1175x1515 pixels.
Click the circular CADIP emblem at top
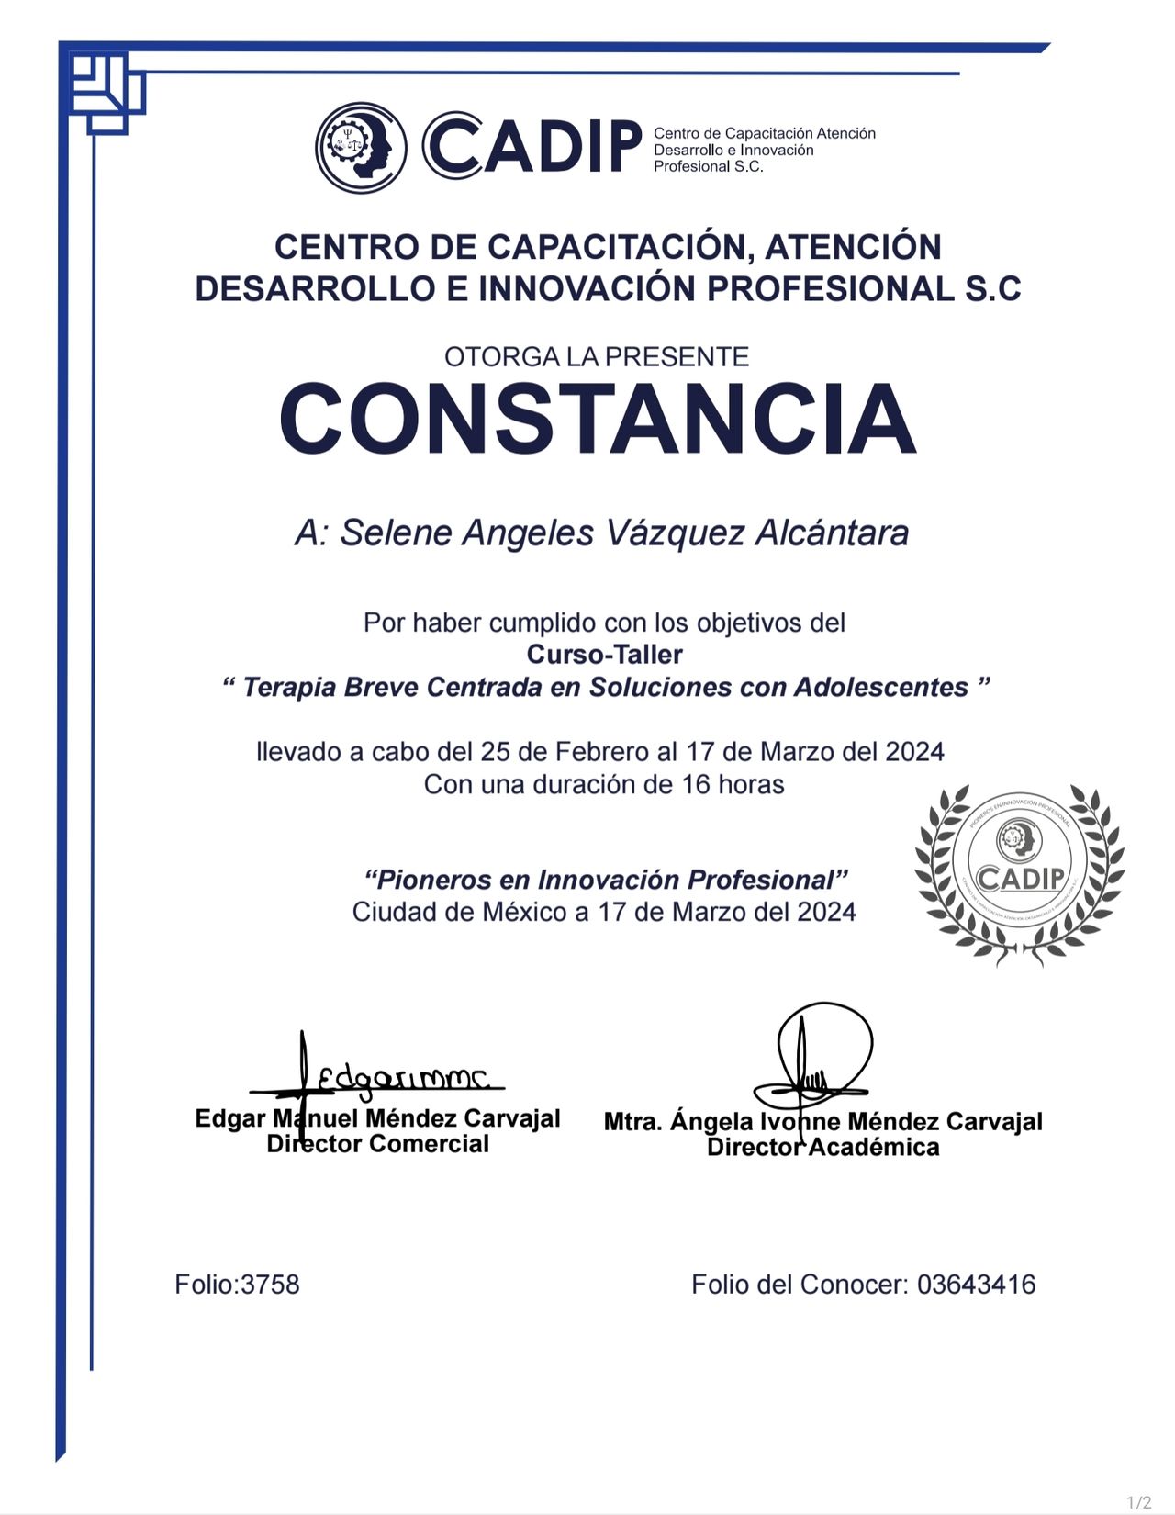click(362, 148)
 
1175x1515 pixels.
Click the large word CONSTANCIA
click(598, 419)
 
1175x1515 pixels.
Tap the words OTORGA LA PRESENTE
click(597, 356)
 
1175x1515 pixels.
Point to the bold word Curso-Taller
click(604, 655)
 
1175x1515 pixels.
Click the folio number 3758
click(270, 1284)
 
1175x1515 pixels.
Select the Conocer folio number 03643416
click(976, 1284)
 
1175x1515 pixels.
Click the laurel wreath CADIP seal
click(1019, 874)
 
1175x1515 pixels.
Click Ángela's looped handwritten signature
click(817, 1056)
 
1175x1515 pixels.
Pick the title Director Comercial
click(377, 1144)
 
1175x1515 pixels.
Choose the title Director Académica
click(822, 1147)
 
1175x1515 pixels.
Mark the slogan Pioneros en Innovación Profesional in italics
click(606, 880)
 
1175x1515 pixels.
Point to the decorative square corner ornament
click(106, 90)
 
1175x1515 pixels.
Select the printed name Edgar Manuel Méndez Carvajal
click(377, 1118)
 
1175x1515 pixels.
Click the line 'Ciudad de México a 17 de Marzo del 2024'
click(604, 912)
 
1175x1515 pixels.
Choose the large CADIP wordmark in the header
click(532, 146)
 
